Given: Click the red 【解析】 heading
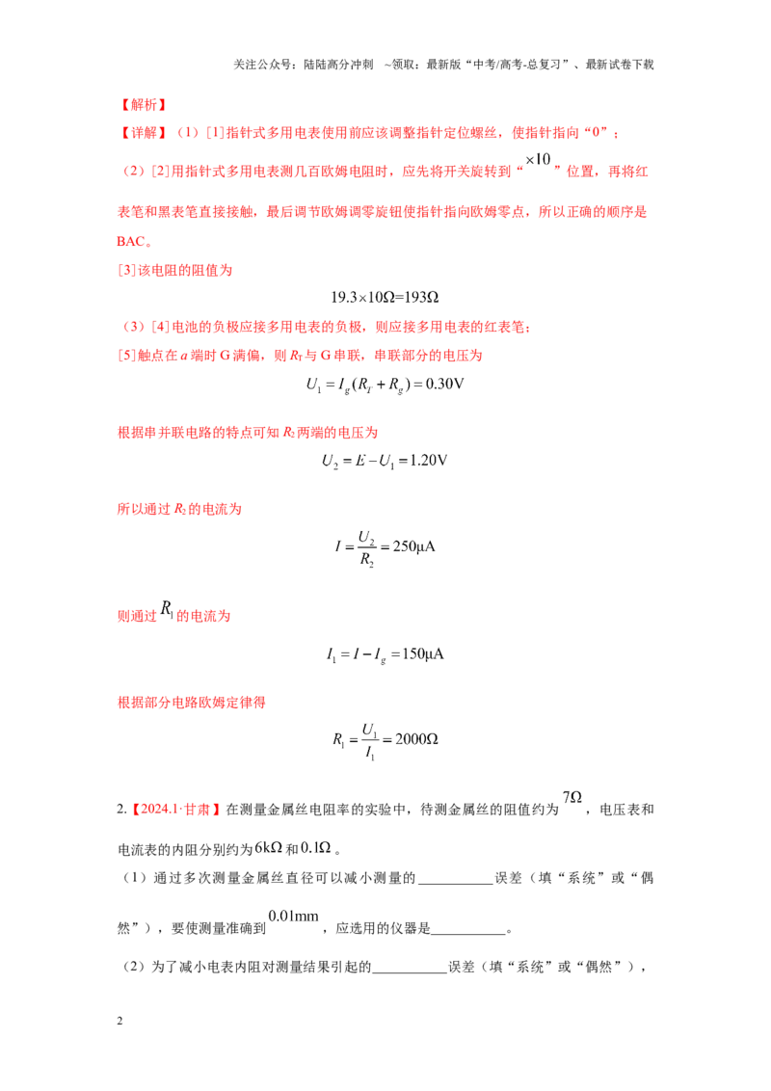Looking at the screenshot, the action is [x=143, y=105].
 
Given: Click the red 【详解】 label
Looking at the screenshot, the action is [x=143, y=133].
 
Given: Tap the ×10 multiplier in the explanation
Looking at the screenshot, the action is [x=538, y=159].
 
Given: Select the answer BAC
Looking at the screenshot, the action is [x=131, y=242].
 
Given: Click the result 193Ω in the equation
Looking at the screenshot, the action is [x=421, y=298].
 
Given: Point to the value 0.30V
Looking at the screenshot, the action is [x=444, y=385].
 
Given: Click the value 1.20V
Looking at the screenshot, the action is [x=428, y=461].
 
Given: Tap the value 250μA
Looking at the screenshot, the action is [x=414, y=546].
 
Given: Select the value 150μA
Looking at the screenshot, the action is [x=422, y=654].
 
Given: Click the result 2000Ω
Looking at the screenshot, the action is [x=416, y=739].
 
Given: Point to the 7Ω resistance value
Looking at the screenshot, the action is [x=572, y=797].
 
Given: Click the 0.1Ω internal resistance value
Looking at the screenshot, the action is [x=315, y=847].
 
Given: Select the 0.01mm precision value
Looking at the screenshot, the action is [x=294, y=917].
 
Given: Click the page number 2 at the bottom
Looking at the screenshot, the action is [x=120, y=1021].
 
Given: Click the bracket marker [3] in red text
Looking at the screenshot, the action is [x=126, y=270].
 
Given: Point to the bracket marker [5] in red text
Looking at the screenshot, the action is [x=126, y=356].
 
